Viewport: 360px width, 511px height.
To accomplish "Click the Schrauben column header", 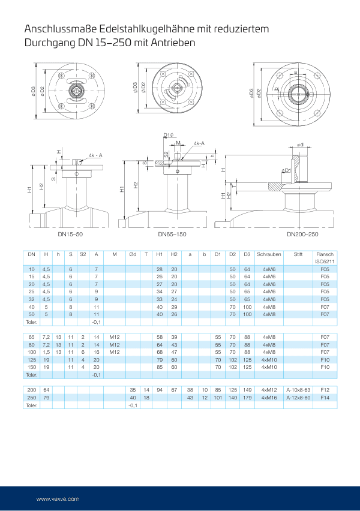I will [268, 254].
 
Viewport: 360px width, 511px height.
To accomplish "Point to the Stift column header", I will [298, 254].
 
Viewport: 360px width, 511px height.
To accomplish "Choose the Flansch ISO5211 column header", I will [325, 258].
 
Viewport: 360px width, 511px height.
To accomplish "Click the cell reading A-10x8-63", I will [298, 390].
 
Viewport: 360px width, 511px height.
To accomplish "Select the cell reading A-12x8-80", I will [298, 398].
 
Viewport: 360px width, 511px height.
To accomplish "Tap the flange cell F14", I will [325, 398].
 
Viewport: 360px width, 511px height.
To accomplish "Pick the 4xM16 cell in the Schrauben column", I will [268, 398].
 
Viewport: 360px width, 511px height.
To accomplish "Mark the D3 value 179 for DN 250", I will [247, 398].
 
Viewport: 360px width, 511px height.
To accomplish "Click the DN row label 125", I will [32, 360].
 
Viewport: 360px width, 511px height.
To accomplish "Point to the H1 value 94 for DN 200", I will [160, 390].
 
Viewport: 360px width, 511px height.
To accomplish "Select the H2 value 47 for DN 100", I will [174, 353].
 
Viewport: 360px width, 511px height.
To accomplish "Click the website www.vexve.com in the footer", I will [58, 498].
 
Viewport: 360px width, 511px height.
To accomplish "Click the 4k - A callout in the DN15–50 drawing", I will [95, 155].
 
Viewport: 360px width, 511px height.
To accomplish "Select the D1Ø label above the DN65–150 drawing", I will [169, 135].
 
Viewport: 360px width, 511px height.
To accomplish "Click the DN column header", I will [32, 254].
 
